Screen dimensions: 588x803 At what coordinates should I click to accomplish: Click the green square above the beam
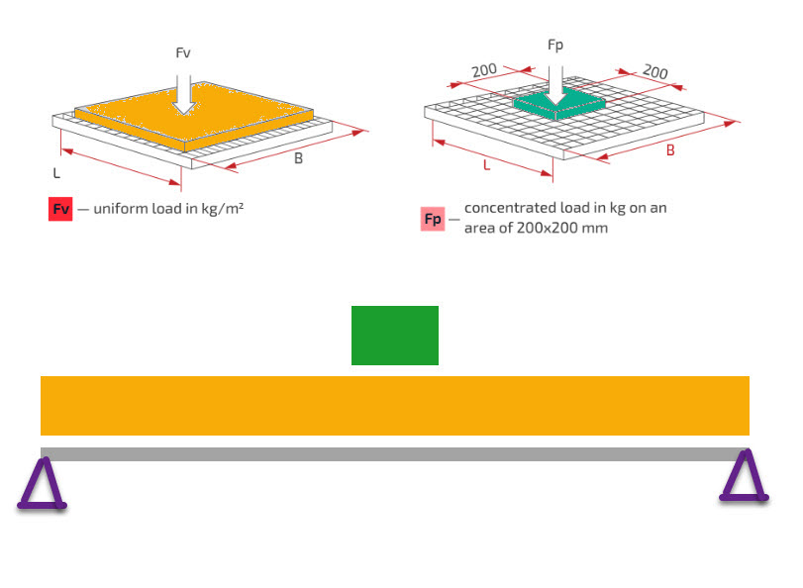(394, 336)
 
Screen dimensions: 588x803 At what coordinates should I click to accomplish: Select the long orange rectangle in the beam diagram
(394, 406)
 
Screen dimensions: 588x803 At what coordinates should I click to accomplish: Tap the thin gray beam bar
(394, 454)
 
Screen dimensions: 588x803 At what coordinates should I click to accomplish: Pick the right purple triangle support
(744, 478)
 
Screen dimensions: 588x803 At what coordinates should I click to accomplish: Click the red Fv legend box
(60, 209)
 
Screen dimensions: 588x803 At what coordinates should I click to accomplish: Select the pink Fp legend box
(433, 219)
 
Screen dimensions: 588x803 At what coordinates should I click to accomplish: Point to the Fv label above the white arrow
(183, 52)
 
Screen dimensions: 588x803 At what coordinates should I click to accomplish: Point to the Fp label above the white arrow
(555, 46)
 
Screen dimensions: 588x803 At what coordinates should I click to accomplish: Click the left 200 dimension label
(484, 70)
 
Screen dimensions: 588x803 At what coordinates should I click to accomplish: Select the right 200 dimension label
(654, 72)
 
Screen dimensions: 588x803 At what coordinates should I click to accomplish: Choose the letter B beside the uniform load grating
(298, 158)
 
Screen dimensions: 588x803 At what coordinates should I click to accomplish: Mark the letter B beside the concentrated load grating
(670, 150)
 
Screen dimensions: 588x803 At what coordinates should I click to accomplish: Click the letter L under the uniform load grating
(56, 172)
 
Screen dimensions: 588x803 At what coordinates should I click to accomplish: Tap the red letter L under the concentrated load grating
(486, 165)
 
